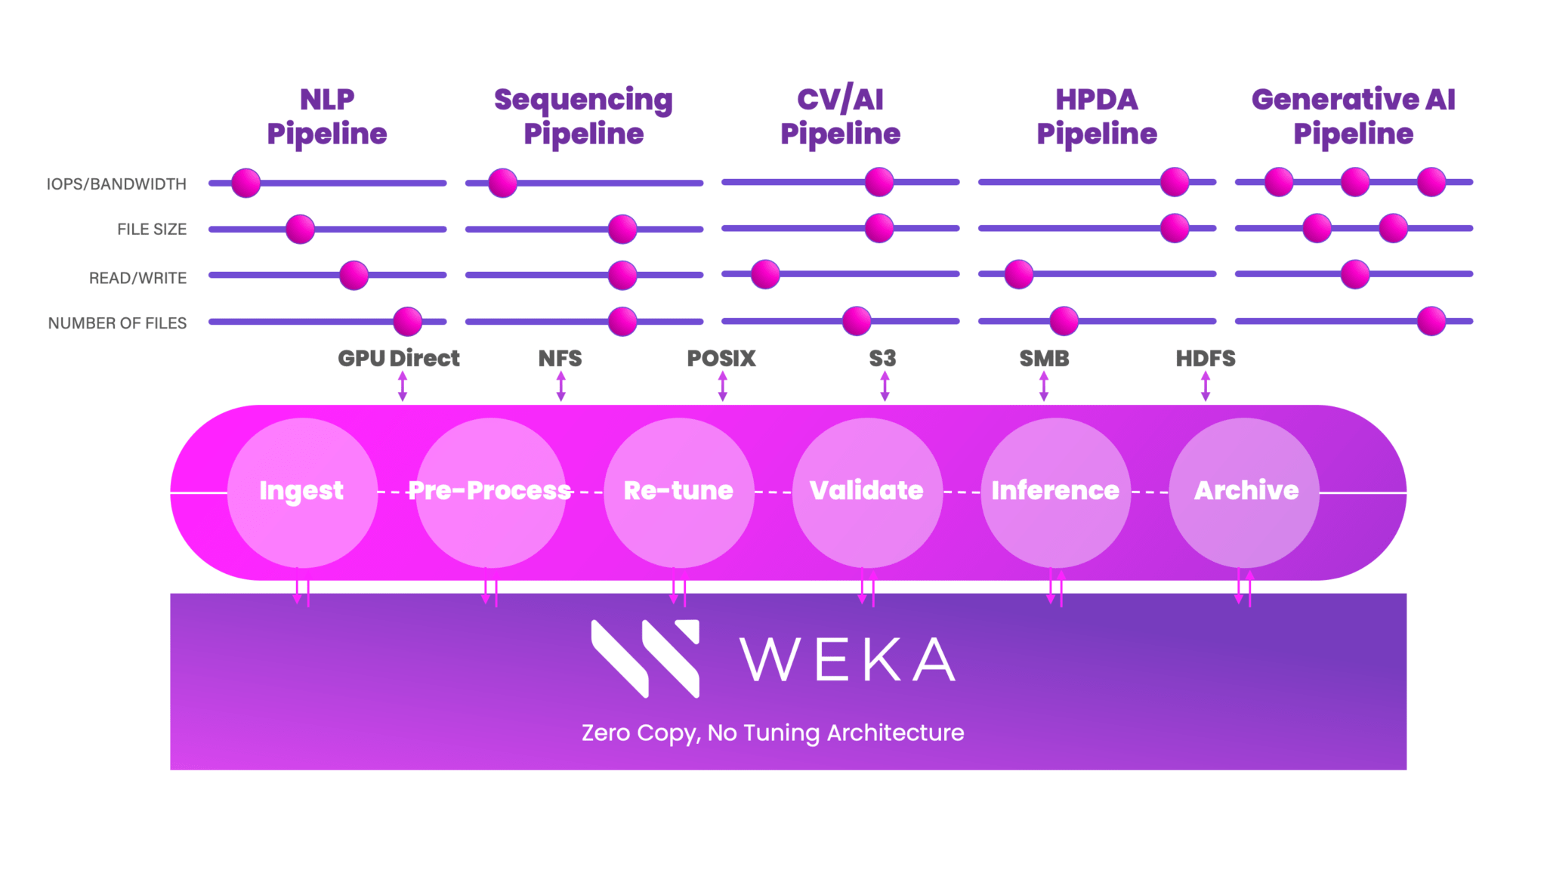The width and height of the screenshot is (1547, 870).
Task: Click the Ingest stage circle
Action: [x=302, y=492]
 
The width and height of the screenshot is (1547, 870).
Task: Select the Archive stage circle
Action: [x=1244, y=492]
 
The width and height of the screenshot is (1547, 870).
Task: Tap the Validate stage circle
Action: [x=867, y=492]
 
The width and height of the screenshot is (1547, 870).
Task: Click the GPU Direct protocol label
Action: [x=398, y=358]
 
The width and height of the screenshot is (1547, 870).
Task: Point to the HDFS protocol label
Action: [x=1205, y=358]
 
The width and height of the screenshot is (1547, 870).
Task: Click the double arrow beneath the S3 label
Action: [x=885, y=386]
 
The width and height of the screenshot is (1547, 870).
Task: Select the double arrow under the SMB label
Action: [x=1044, y=386]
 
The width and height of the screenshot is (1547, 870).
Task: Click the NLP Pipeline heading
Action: [x=327, y=116]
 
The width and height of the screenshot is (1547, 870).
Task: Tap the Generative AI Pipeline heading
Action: [x=1353, y=116]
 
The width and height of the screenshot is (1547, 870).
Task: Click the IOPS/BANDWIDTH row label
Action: [x=116, y=184]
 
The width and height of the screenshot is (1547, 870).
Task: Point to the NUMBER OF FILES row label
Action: [x=117, y=323]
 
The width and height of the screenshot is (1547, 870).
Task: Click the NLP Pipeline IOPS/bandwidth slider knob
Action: [x=246, y=183]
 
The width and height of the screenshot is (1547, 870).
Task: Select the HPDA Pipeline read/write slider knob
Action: [x=1019, y=274]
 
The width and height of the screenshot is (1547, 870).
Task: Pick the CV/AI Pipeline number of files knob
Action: [x=857, y=321]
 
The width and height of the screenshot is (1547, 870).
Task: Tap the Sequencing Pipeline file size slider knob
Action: [x=622, y=229]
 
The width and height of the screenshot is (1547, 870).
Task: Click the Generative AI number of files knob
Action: [x=1431, y=321]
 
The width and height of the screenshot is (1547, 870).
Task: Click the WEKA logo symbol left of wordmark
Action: [x=645, y=659]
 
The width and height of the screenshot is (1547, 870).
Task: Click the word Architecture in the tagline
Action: [x=895, y=733]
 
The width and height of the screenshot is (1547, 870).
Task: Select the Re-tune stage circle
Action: [x=678, y=492]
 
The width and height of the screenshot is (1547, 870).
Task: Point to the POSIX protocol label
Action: [x=721, y=358]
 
